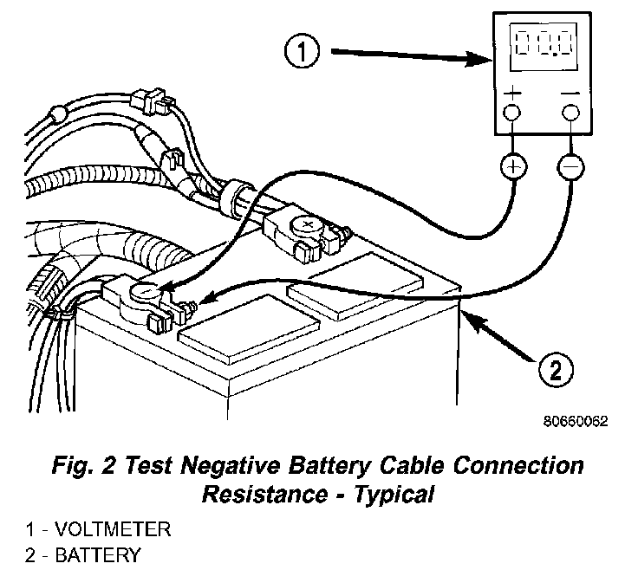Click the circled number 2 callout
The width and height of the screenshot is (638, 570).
click(555, 372)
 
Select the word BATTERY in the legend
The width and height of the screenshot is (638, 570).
click(94, 554)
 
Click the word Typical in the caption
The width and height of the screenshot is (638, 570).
click(398, 496)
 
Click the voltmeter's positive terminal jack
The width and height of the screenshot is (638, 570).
click(513, 113)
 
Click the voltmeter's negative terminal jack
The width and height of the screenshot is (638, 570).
click(570, 113)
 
